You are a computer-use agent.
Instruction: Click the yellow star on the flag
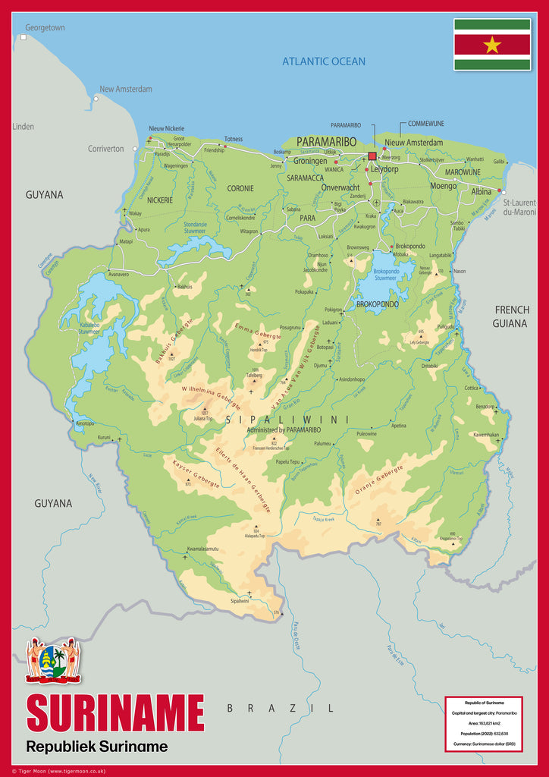point(492,45)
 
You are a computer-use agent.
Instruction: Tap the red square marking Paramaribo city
point(372,156)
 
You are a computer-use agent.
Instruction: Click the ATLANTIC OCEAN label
point(324,61)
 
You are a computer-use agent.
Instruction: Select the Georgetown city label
point(45,28)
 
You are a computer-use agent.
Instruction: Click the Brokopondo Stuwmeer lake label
point(386,275)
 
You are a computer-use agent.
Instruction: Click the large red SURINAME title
point(115,713)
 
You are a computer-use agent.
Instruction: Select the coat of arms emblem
point(53,659)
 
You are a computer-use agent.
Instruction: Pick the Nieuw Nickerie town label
point(166,129)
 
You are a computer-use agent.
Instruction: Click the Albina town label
point(482,192)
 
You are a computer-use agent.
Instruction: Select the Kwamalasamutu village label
point(202,549)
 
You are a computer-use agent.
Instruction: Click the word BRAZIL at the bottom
point(280,708)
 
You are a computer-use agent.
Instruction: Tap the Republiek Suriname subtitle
point(96,747)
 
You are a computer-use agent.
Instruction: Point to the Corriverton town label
point(105,149)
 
